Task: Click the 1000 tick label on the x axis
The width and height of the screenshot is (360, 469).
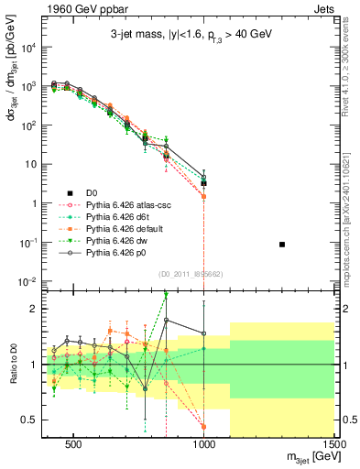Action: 204,444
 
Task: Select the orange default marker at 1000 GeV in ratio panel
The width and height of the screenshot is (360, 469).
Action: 203,427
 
